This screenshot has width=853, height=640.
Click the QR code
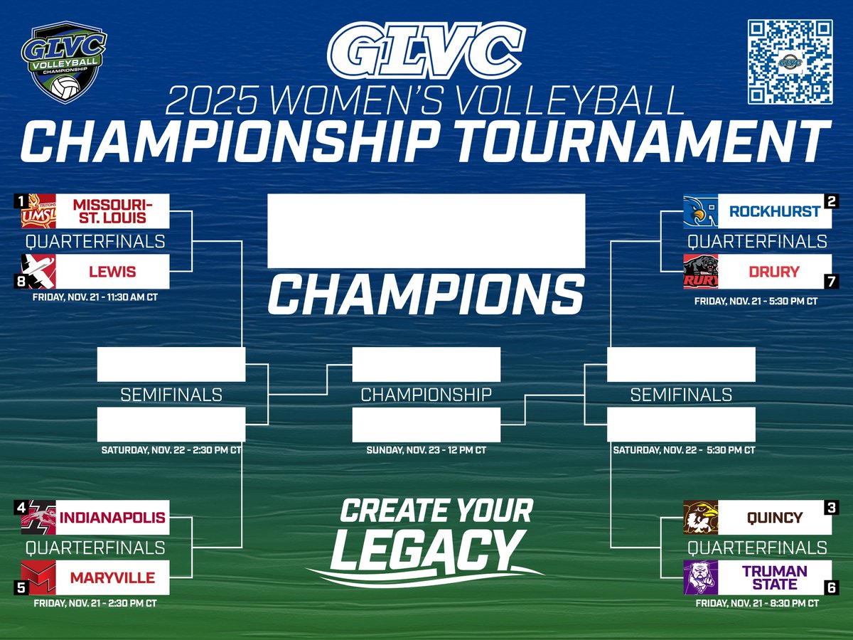click(x=789, y=62)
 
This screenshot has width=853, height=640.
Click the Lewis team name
click(x=112, y=272)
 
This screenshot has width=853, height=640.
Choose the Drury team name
click(x=773, y=272)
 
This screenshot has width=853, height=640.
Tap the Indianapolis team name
click(x=112, y=517)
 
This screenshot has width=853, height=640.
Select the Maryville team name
click(x=112, y=577)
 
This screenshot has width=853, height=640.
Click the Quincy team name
click(x=774, y=517)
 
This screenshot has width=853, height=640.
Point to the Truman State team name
click(x=774, y=577)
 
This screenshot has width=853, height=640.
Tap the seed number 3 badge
click(x=830, y=507)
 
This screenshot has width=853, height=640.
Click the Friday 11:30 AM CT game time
click(x=95, y=297)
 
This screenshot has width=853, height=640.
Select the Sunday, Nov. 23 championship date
click(x=426, y=450)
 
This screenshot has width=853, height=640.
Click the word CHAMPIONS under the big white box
click(x=426, y=296)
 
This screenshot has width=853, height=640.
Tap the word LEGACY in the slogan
click(x=424, y=549)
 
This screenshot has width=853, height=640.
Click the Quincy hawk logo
click(x=700, y=518)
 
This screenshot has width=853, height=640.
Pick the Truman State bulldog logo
click(x=700, y=577)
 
